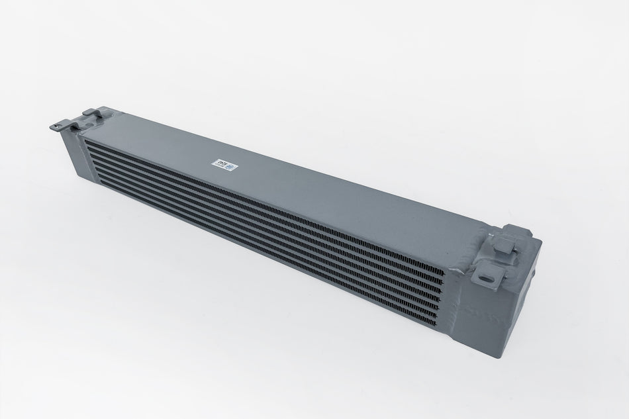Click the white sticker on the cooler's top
(224, 165)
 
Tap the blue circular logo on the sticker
(229, 167)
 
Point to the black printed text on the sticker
(219, 163)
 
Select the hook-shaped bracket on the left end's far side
(93, 114)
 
